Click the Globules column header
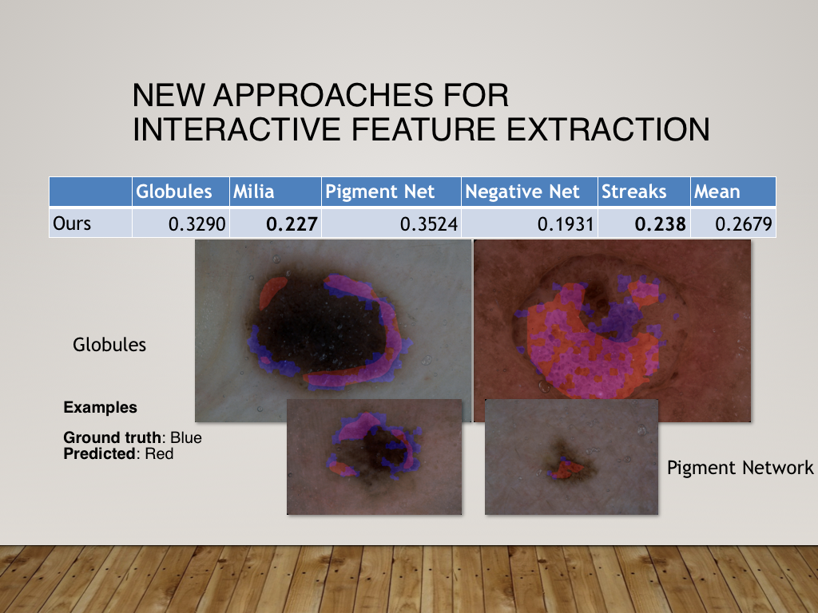(173, 192)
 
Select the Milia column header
(253, 192)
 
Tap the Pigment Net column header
(379, 192)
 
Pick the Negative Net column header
(522, 192)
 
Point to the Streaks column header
(633, 192)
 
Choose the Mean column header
(717, 192)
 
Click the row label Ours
(72, 223)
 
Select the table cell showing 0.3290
(197, 224)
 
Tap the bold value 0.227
(292, 224)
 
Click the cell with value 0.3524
(429, 224)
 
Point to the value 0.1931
(566, 224)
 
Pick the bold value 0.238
(660, 224)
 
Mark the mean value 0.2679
(744, 224)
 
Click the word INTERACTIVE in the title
(236, 129)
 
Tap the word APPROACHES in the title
(323, 95)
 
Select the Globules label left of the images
(109, 345)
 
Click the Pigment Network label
(741, 468)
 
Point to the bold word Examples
(100, 407)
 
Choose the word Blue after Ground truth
(185, 437)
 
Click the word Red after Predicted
(159, 453)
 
